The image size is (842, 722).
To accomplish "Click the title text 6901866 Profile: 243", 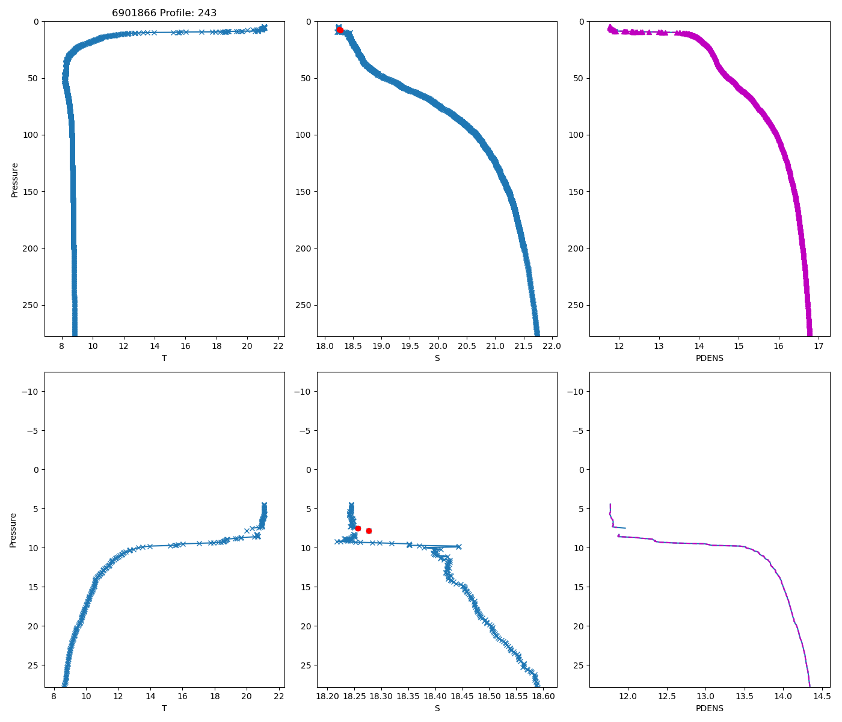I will coord(164,13).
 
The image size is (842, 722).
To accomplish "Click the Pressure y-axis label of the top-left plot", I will coord(14,179).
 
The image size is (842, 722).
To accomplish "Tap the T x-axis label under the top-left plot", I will coord(164,358).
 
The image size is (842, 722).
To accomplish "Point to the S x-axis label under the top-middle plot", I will coord(437,358).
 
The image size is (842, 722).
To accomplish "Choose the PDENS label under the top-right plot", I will coord(710,358).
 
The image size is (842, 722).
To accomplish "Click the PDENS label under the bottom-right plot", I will coord(710,708).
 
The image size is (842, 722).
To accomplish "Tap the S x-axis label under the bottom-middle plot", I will coord(437,708).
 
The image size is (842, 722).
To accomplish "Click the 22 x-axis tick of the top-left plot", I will coord(278,347).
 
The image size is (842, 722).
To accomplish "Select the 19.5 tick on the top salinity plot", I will coord(410,347).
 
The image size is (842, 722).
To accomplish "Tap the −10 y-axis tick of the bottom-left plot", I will coord(31,392).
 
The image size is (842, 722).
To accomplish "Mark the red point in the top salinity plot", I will coord(340,30).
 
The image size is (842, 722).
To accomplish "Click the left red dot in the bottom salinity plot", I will coord(358,528).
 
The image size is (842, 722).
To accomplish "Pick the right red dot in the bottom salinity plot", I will coord(369,531).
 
